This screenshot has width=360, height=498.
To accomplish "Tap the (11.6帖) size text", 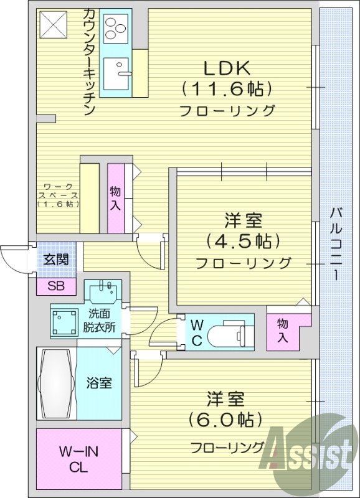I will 227,89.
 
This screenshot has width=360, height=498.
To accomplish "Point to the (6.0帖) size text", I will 227,419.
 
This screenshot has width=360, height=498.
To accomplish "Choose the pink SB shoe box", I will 56,286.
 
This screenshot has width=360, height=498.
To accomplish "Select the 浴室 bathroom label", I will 99,383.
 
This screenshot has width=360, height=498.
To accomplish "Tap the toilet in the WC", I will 227,332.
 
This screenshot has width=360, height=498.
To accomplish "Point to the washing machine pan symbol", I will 64,321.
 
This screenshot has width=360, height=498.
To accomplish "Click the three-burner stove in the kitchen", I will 116,28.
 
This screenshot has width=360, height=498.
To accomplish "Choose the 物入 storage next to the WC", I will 283,331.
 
